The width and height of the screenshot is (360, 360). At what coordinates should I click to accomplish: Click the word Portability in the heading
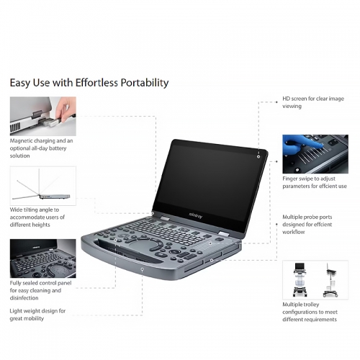(145, 83)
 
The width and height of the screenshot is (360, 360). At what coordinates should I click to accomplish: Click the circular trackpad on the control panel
(143, 246)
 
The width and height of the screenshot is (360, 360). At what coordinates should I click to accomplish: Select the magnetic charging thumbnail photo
(43, 116)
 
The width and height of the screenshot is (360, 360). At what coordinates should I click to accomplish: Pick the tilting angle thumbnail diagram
(43, 186)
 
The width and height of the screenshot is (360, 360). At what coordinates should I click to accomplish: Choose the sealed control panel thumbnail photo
(43, 258)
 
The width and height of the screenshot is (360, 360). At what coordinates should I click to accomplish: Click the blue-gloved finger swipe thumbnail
(315, 154)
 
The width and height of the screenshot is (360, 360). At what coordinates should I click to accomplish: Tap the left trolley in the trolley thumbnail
(300, 279)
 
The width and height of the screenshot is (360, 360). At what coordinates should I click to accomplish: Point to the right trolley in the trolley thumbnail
(331, 280)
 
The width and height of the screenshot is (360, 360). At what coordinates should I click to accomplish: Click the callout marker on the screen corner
(258, 157)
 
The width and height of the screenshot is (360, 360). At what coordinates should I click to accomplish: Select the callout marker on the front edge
(143, 269)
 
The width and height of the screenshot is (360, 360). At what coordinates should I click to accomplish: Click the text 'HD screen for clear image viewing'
(313, 102)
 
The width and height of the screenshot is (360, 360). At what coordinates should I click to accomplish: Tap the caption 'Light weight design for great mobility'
(37, 315)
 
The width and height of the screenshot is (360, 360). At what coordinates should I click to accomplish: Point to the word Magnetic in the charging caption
(21, 141)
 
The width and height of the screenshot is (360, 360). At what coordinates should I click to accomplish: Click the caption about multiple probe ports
(307, 225)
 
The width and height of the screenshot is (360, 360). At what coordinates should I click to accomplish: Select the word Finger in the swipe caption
(290, 179)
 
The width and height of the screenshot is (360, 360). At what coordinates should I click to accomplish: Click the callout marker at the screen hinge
(153, 213)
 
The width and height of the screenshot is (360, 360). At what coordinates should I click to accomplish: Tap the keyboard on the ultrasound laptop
(166, 230)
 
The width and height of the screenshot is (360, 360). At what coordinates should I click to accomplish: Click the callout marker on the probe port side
(212, 260)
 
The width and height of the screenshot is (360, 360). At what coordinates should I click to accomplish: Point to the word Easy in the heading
(20, 83)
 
